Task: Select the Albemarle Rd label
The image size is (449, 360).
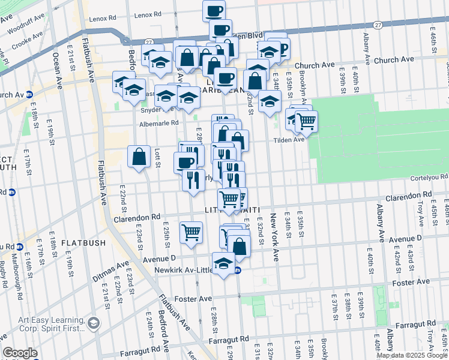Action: pyautogui.click(x=159, y=122)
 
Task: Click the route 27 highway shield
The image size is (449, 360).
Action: pyautogui.click(x=376, y=25)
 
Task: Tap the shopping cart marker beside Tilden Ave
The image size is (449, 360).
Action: pyautogui.click(x=306, y=121)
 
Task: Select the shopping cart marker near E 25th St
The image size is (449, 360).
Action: pyautogui.click(x=191, y=232)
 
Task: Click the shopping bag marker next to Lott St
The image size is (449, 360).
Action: pyautogui.click(x=139, y=157)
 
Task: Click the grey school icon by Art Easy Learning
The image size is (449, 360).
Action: pyautogui.click(x=94, y=323)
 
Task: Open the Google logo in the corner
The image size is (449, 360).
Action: pyautogui.click(x=20, y=353)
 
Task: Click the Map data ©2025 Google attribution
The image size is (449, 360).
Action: pyautogui.click(x=412, y=355)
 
